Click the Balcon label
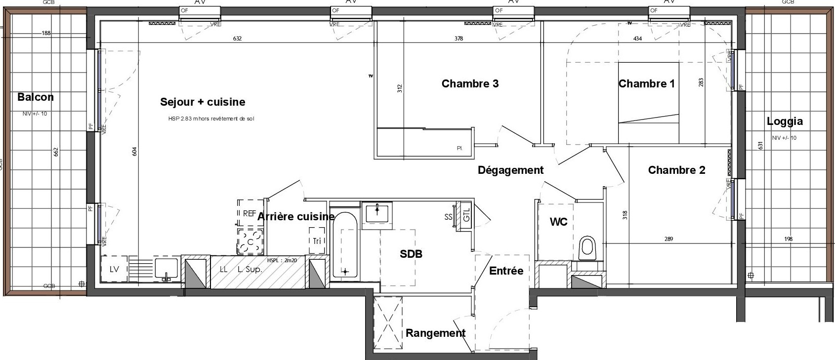pyautogui.click(x=35, y=97)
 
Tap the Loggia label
pyautogui.click(x=785, y=121)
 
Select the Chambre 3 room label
pyautogui.click(x=470, y=83)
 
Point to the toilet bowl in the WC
pyautogui.click(x=587, y=247)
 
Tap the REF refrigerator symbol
pyautogui.click(x=250, y=213)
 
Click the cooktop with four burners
pyautogui.click(x=251, y=241)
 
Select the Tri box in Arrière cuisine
pyautogui.click(x=317, y=241)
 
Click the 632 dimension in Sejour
pyautogui.click(x=237, y=39)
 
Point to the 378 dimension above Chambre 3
pyautogui.click(x=459, y=39)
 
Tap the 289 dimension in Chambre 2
pyautogui.click(x=668, y=240)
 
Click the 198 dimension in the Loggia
pyautogui.click(x=788, y=240)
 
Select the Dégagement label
pyautogui.click(x=510, y=170)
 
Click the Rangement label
pyautogui.click(x=435, y=333)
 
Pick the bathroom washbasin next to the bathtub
pyautogui.click(x=377, y=213)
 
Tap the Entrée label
pyautogui.click(x=506, y=271)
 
